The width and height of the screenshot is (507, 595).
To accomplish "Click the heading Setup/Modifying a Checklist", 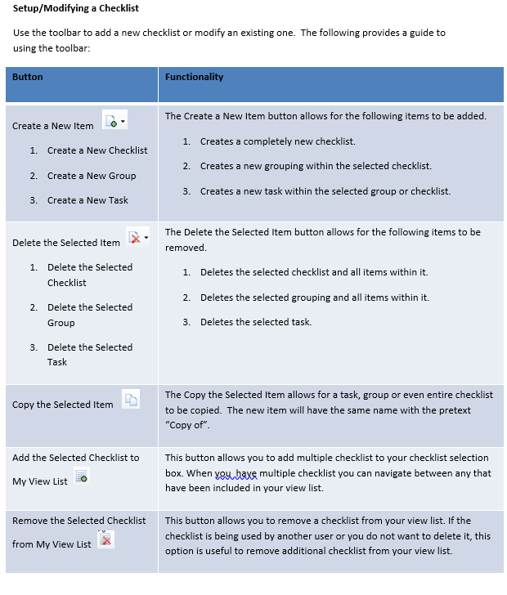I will (x=76, y=8).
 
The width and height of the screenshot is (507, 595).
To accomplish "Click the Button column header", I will (x=28, y=77).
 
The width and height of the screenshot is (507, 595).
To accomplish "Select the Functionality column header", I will (x=194, y=77).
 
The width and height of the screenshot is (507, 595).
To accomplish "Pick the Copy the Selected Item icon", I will (x=131, y=399).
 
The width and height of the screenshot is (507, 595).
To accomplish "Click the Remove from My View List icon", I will (x=105, y=539).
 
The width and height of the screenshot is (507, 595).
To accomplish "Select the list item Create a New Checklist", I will (x=97, y=150).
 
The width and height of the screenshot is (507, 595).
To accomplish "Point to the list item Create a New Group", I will (x=92, y=176).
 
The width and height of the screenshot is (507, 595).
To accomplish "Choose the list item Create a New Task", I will (x=87, y=200).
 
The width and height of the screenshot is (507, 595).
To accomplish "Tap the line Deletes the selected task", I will (x=255, y=322).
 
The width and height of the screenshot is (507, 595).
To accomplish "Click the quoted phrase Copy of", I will (x=188, y=425).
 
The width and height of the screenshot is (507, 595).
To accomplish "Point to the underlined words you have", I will (x=236, y=473).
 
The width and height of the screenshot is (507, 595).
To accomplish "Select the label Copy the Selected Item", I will (x=63, y=405).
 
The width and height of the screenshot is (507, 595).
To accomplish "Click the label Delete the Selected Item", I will (x=66, y=243).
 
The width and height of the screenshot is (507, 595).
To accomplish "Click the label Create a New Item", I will (x=53, y=126).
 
